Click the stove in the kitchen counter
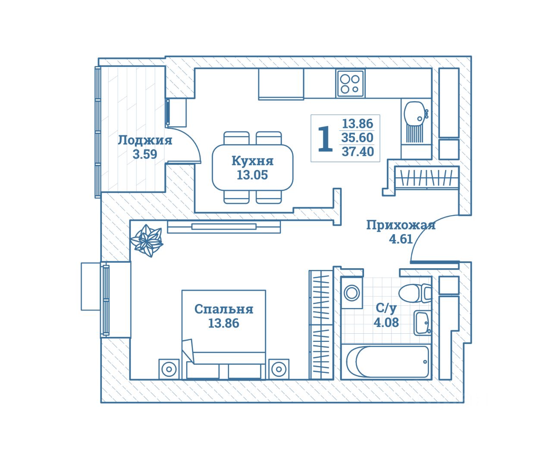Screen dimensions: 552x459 coord(350,84)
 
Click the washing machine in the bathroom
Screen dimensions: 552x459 coord(352,293)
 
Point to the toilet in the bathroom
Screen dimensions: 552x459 coord(414,293)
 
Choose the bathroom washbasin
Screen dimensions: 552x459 coord(422,323)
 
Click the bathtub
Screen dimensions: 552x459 coord(388,362)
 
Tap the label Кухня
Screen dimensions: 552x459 coord(252,161)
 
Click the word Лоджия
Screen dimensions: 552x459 coord(145,140)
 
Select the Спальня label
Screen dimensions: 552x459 coord(223,309)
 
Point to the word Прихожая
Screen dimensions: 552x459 coord(401,225)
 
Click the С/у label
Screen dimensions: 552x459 coord(386,308)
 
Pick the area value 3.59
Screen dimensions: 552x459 coord(145,154)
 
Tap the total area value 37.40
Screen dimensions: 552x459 coord(358,151)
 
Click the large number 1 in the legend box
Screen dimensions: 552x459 coord(325,139)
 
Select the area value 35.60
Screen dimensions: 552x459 coord(358,138)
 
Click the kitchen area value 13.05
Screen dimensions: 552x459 coord(252,175)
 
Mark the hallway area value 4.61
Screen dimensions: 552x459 coord(401,239)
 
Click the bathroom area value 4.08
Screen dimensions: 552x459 coord(386,322)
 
